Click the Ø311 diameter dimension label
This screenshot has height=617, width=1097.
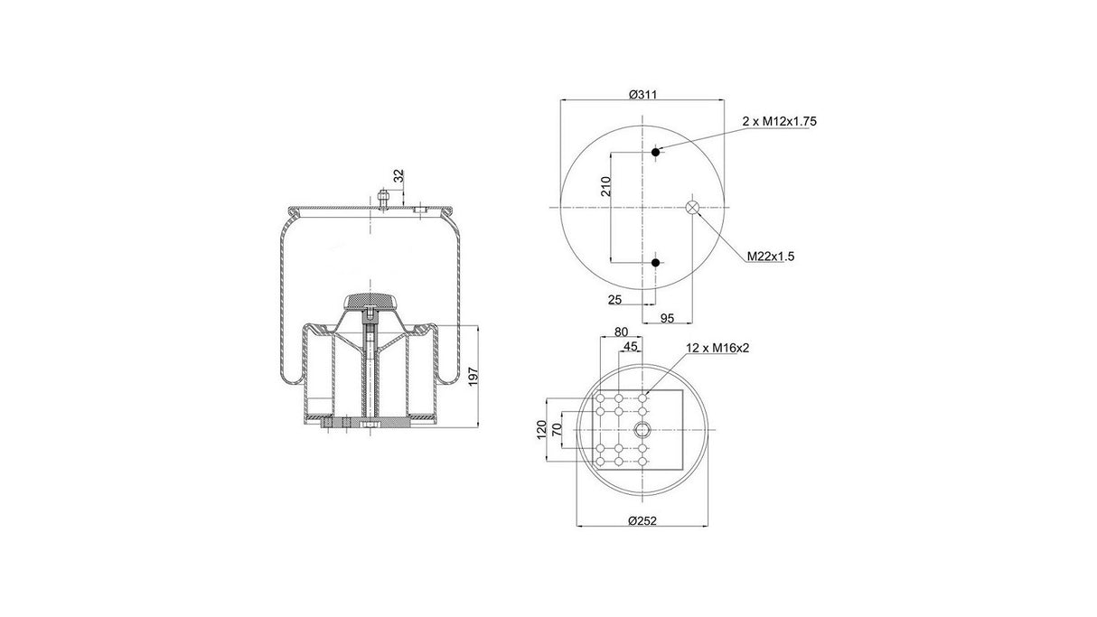tap(642, 95)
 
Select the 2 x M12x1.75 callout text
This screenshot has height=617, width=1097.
tap(779, 120)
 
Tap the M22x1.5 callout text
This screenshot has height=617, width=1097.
tap(770, 257)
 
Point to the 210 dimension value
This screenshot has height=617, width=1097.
tap(606, 187)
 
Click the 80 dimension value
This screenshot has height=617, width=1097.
tap(621, 332)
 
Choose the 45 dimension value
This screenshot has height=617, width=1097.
tap(631, 347)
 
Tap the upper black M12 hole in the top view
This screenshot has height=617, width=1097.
tap(656, 151)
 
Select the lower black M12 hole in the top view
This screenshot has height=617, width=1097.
tap(656, 262)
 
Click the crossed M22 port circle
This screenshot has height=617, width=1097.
tap(692, 207)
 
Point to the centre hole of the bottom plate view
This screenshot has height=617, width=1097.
tap(642, 428)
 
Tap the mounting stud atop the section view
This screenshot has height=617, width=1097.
tap(383, 196)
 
